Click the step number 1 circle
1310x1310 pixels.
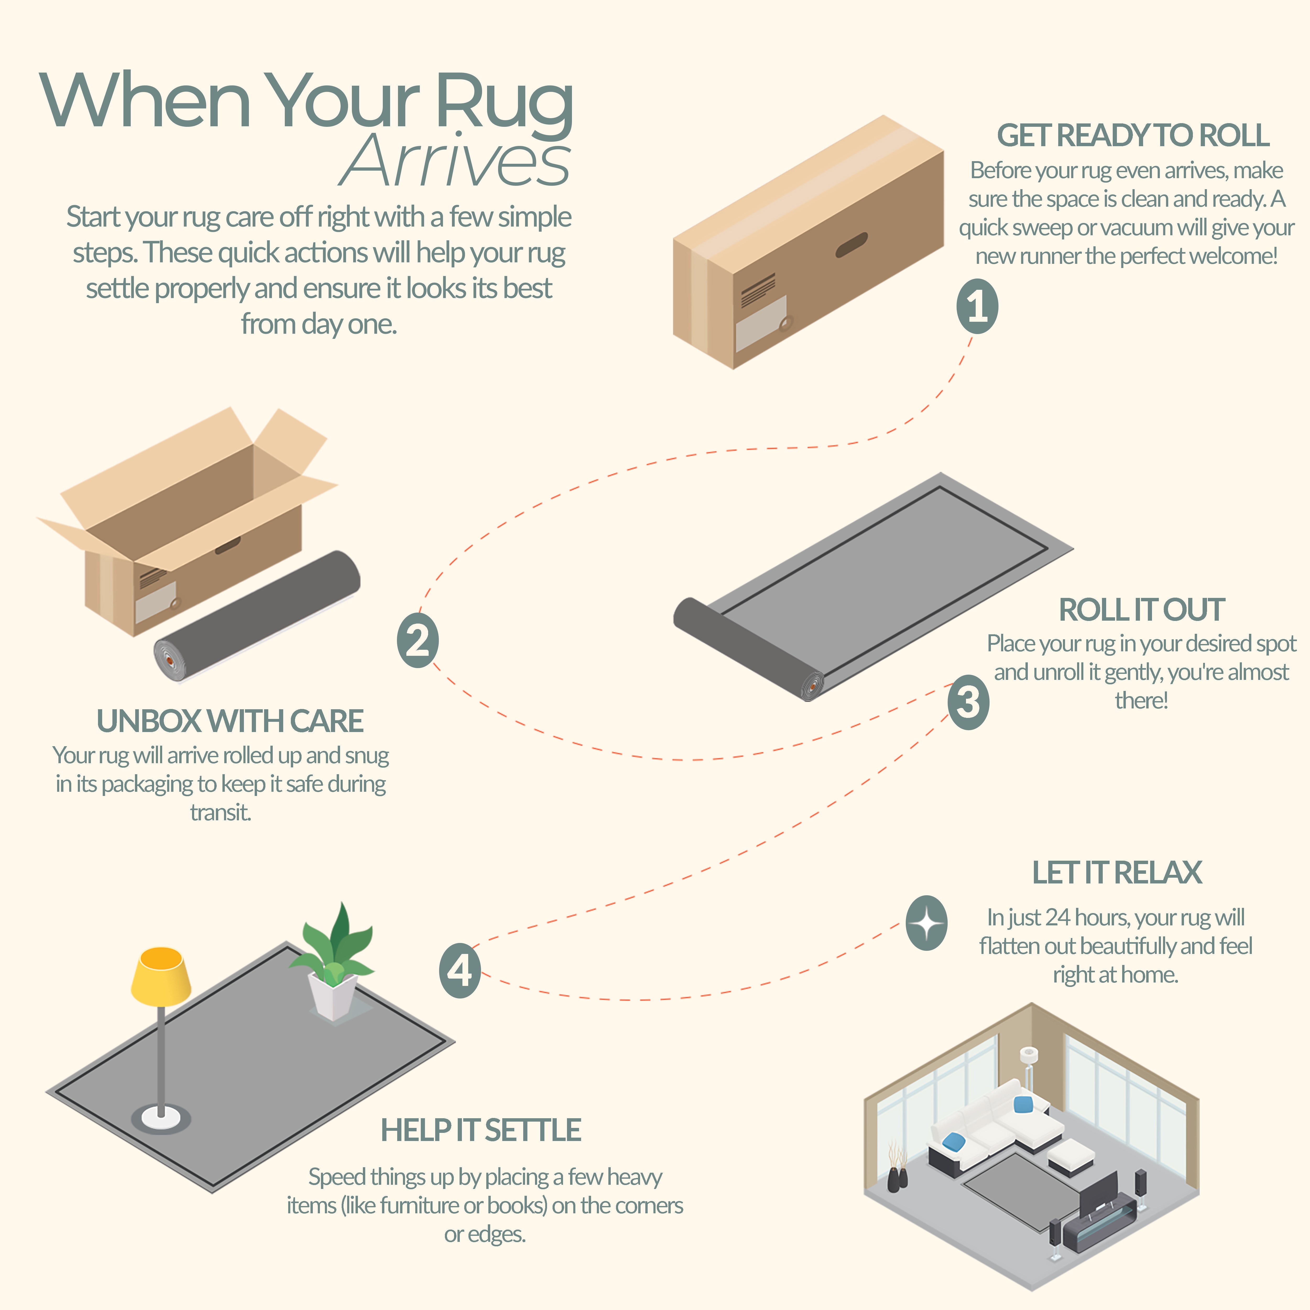pyautogui.click(x=977, y=306)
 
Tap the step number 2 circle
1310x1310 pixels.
pyautogui.click(x=418, y=640)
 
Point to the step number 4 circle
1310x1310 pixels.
pyautogui.click(x=460, y=970)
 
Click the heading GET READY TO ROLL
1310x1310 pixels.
pyautogui.click(x=1133, y=136)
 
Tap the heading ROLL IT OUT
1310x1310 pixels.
pyautogui.click(x=1142, y=610)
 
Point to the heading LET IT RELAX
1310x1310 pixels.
pyautogui.click(x=1117, y=873)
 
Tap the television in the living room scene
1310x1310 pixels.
pyautogui.click(x=1099, y=1195)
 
